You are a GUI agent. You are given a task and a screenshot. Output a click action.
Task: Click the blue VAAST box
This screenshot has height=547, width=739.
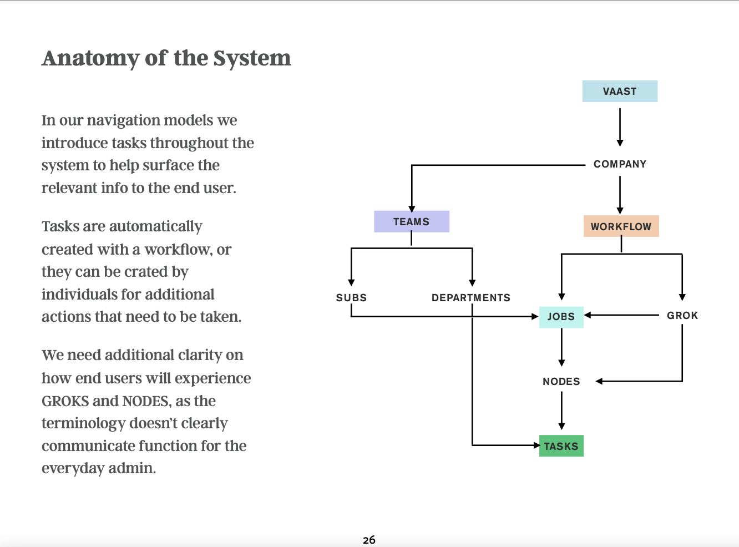click(620, 91)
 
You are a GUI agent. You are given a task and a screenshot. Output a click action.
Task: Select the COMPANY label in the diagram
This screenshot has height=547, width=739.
click(620, 164)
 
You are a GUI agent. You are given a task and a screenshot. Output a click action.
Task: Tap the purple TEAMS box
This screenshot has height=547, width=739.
click(412, 221)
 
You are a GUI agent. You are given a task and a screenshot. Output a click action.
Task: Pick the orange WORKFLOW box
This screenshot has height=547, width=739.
click(621, 226)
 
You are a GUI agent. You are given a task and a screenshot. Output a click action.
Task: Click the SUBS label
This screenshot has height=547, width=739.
click(351, 297)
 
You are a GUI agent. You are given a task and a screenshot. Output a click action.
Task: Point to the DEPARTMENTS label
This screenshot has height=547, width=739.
click(471, 297)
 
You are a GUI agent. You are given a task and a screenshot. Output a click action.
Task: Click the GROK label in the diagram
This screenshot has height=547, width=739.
click(682, 315)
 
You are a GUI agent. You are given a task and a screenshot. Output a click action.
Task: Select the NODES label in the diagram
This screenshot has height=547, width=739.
click(561, 381)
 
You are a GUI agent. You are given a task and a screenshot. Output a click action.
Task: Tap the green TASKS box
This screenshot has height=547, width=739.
click(561, 445)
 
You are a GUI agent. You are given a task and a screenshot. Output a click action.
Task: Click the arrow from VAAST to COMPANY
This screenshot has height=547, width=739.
click(620, 127)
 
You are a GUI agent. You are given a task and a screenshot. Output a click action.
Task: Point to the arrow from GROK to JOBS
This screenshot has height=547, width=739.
click(621, 315)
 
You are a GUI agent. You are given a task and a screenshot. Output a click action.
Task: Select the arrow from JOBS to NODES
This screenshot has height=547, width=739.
click(561, 347)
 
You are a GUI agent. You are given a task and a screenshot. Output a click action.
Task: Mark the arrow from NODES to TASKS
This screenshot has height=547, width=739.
click(561, 411)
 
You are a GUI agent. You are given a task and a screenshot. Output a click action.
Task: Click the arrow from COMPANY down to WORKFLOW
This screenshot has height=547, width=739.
click(620, 195)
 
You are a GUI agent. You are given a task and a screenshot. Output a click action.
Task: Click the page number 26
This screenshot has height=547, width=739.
click(369, 540)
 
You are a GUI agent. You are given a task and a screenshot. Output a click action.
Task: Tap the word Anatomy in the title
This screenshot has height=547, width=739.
click(90, 59)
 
